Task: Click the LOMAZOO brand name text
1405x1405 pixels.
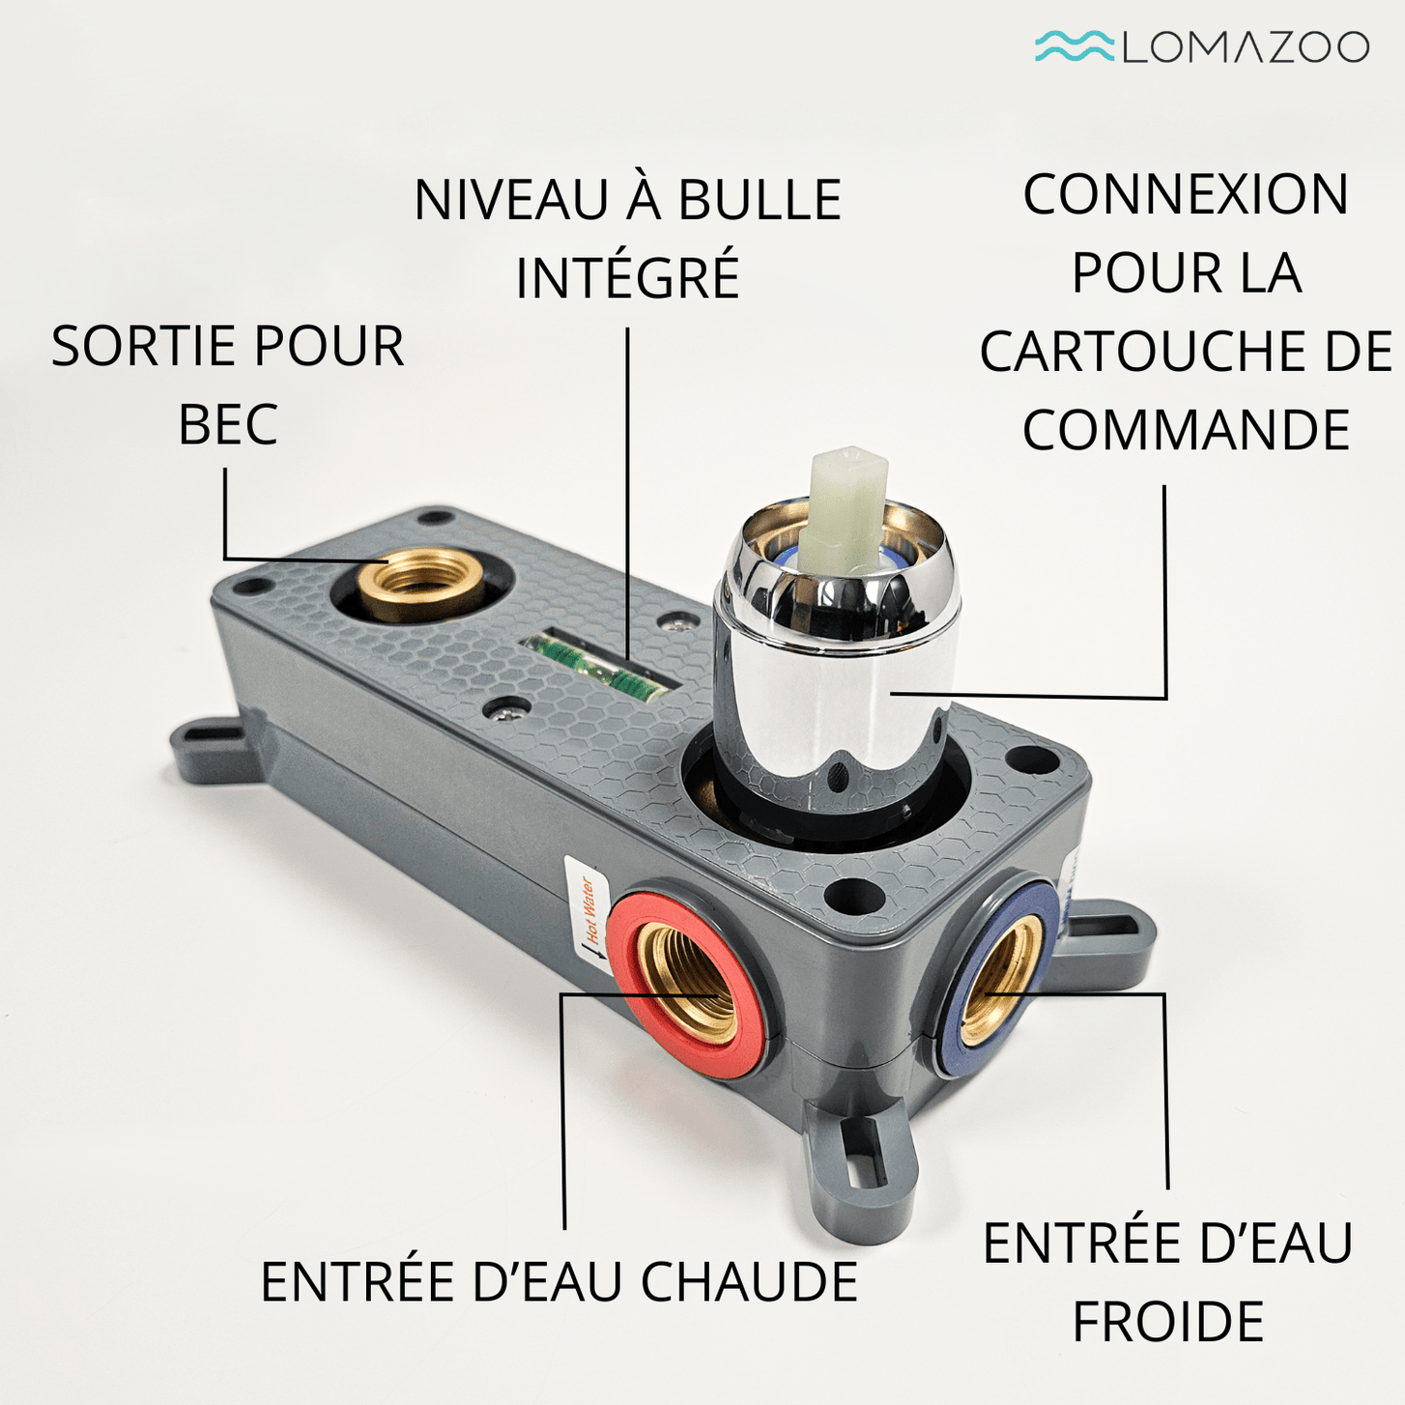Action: pyautogui.click(x=1247, y=46)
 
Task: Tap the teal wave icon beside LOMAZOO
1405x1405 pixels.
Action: pyautogui.click(x=1075, y=45)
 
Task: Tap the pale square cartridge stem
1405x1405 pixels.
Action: pyautogui.click(x=848, y=503)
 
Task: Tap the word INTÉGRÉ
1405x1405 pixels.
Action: pyautogui.click(x=628, y=276)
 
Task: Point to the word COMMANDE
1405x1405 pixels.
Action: pyautogui.click(x=1186, y=429)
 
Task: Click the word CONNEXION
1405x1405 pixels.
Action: pyautogui.click(x=1186, y=194)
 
